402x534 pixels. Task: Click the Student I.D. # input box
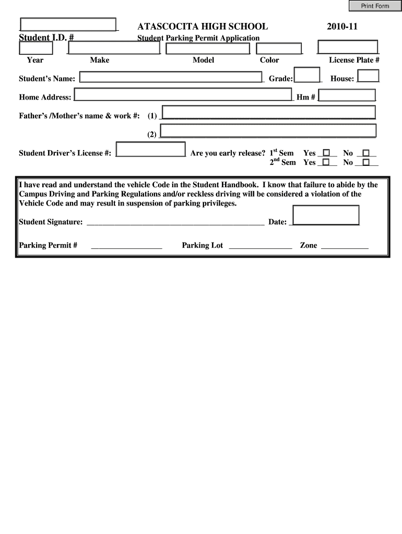[68, 25]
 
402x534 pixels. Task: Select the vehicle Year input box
[36, 48]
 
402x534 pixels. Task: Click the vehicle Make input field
[114, 48]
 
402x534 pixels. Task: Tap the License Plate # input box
[348, 47]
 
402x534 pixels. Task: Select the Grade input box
[307, 75]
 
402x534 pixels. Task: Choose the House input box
[368, 76]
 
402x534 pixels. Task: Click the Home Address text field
[183, 95]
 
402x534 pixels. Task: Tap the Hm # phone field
[347, 95]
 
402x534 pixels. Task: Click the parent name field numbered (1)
[269, 112]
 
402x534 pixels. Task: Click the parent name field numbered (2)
[268, 130]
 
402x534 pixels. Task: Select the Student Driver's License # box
[150, 149]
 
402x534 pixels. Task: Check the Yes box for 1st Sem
[327, 153]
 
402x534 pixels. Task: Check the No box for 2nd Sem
[366, 162]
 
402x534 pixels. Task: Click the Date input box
[326, 215]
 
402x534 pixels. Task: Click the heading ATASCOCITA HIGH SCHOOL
[203, 26]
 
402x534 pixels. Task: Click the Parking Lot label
[202, 245]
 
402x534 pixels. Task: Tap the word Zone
[308, 245]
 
